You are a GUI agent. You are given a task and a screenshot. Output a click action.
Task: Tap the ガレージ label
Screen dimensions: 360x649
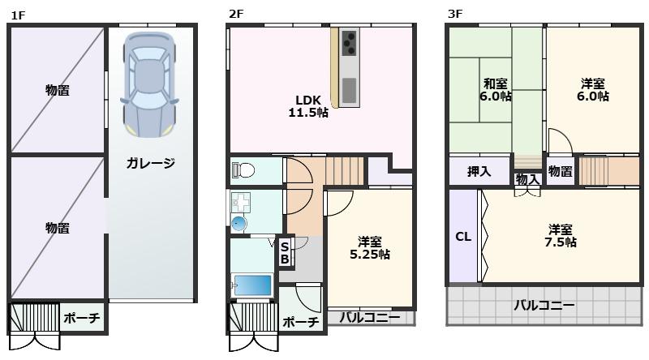[150, 163]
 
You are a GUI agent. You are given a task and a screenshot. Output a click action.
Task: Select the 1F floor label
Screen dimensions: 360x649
[18, 14]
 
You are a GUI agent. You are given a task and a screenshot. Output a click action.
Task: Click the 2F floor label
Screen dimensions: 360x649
[236, 14]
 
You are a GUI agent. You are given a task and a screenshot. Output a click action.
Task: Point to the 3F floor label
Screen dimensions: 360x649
[455, 14]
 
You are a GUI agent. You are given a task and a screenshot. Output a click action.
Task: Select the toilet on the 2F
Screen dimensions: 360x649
[243, 170]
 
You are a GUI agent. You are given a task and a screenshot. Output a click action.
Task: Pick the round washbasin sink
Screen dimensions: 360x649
[239, 223]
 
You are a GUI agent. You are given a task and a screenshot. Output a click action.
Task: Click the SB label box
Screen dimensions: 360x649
[285, 253]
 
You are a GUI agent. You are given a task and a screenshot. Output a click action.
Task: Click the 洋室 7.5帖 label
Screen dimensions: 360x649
[561, 235]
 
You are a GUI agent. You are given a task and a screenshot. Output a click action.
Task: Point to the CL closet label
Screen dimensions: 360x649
[462, 237]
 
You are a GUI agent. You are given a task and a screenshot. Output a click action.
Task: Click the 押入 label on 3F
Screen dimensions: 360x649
[479, 171]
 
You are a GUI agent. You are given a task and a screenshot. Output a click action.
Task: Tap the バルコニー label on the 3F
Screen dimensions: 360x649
[544, 306]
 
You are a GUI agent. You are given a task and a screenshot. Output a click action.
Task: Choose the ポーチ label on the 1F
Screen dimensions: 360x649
[82, 319]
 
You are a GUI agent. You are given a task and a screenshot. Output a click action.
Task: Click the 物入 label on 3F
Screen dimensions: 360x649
[527, 179]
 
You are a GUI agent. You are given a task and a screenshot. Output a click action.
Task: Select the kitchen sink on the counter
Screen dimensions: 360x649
[350, 88]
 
